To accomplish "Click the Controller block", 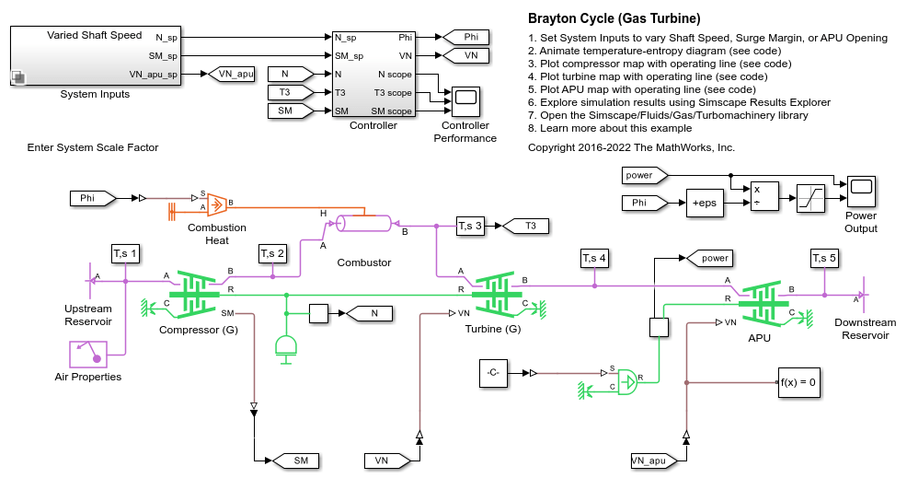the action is [373, 74].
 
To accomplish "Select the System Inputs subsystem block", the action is [96, 56].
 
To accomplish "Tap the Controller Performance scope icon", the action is [465, 102].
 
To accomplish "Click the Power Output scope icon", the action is [861, 192].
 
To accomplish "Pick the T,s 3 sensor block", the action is [470, 226].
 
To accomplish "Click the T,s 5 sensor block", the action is [824, 258].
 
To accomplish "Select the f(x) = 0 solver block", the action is [798, 382].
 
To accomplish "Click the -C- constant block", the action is [493, 373].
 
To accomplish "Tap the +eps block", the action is [705, 203].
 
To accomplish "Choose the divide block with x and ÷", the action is [764, 196].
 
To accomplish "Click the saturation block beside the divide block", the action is [810, 198].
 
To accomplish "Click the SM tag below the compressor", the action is [296, 461].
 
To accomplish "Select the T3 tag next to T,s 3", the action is [526, 226].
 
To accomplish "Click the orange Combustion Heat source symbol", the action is [216, 203].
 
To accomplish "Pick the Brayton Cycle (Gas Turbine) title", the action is [614, 18].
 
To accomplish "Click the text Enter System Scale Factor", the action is [93, 147].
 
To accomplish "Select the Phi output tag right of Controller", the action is [466, 37].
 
